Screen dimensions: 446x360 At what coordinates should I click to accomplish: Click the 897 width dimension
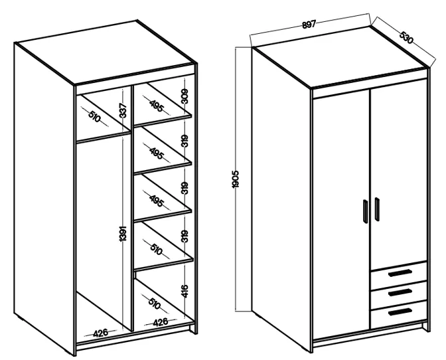pos(309,25)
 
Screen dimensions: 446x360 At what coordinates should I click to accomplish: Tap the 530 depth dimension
pos(406,38)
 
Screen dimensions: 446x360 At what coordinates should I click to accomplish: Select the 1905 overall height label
pos(236,179)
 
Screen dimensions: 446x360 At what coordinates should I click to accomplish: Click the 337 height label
pos(123,111)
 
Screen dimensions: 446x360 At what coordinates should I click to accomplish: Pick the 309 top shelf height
pos(185,96)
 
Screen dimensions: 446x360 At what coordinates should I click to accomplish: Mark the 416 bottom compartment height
pos(185,291)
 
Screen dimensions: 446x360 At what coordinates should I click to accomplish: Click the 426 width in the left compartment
pos(101,332)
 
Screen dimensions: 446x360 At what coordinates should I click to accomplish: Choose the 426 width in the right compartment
pos(161,322)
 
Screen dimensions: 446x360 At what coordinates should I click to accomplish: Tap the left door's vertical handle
pos(366,211)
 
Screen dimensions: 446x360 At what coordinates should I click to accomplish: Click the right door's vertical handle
pos(377,209)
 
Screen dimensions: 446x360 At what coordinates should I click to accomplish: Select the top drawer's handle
pos(400,272)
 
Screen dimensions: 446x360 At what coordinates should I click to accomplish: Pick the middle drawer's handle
pos(400,292)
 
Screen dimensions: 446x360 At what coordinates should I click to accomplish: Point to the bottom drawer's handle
pos(400,312)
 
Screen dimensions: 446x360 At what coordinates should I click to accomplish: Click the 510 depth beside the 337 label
pos(95,117)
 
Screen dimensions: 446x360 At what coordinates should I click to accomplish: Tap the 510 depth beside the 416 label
pos(154,304)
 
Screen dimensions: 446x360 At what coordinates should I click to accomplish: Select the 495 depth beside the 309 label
pos(157,106)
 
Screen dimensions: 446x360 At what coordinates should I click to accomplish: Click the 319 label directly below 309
pos(185,141)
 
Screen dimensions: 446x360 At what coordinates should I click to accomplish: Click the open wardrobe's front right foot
pos(193,329)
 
